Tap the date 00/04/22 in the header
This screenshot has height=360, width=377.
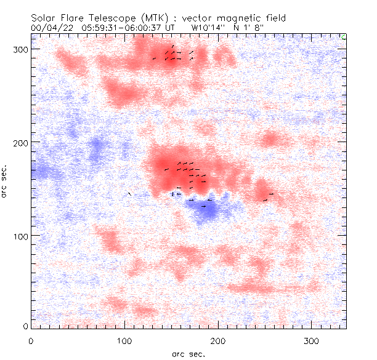click(49, 28)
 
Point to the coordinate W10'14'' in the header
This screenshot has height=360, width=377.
click(205, 28)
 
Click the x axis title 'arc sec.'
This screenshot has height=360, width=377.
click(188, 353)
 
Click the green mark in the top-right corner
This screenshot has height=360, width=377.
click(343, 38)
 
